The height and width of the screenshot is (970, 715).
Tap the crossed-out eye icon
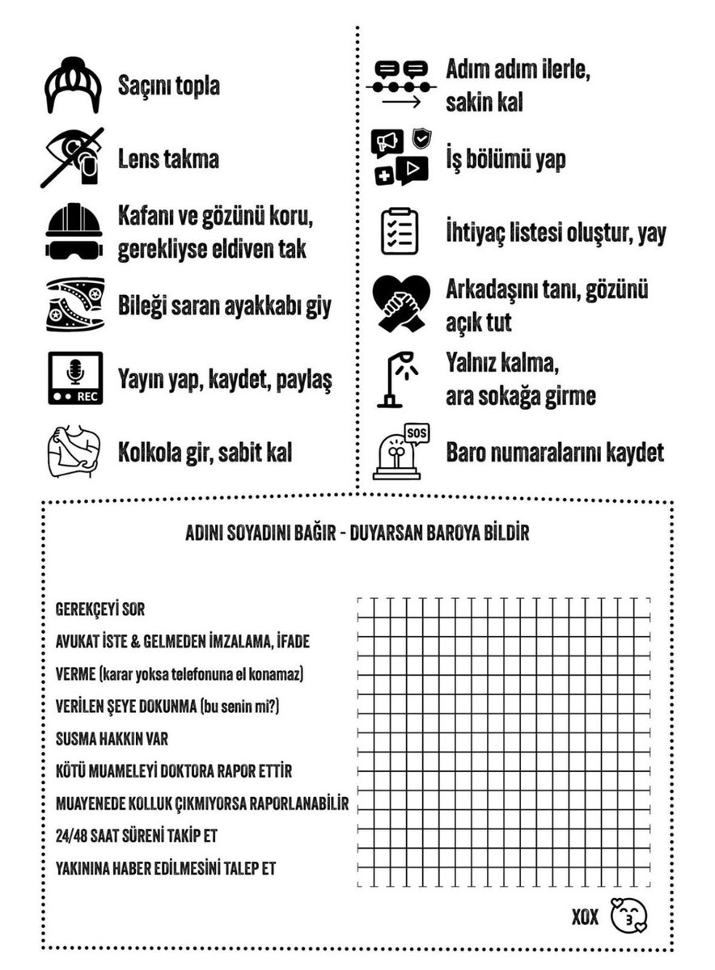point(74,157)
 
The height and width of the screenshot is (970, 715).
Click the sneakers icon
point(74,305)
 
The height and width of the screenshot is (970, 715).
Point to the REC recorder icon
point(74,378)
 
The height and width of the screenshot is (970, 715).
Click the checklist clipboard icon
point(400,232)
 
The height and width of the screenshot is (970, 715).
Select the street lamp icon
point(397,378)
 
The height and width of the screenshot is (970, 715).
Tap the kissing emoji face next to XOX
point(630,916)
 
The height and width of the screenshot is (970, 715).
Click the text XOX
point(585,917)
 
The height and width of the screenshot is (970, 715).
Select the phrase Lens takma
point(168,159)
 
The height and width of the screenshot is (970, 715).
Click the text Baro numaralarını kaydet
point(555,453)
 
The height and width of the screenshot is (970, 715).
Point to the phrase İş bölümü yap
point(506,159)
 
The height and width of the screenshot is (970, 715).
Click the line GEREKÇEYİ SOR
point(100,609)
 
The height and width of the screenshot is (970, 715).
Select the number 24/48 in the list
point(72,836)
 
